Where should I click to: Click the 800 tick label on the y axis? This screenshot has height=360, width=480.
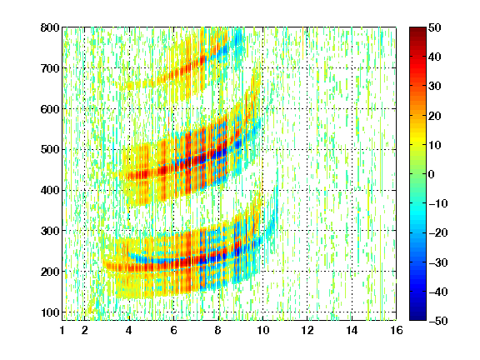click(x=50, y=27)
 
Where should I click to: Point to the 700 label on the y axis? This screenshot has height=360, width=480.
click(x=50, y=68)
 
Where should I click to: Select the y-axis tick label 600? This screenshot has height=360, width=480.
click(x=50, y=109)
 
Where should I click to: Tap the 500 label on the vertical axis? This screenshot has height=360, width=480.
click(x=50, y=150)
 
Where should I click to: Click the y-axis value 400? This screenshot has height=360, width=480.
click(x=50, y=190)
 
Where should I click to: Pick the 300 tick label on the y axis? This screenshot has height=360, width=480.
click(x=50, y=231)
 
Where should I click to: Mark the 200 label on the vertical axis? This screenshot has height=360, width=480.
click(x=50, y=272)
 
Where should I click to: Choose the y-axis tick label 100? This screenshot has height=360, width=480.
click(x=50, y=312)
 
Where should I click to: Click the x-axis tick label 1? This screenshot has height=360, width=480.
click(x=62, y=330)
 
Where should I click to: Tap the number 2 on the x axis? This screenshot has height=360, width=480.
click(x=85, y=330)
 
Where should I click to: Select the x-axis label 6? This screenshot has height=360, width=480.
click(x=174, y=330)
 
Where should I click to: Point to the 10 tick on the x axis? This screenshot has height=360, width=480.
click(x=263, y=330)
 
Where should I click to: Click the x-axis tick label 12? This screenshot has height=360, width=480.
click(x=307, y=330)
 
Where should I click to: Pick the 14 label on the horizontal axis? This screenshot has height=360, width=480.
click(x=352, y=330)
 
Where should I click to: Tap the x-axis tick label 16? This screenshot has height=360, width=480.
click(x=397, y=330)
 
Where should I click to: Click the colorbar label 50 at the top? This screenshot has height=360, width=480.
click(x=434, y=27)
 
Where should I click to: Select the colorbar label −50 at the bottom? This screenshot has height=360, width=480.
click(x=438, y=321)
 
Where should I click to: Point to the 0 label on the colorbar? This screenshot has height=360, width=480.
click(x=432, y=174)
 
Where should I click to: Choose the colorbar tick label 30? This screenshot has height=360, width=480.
click(x=434, y=86)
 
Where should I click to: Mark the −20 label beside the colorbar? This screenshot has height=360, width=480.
click(x=438, y=232)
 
